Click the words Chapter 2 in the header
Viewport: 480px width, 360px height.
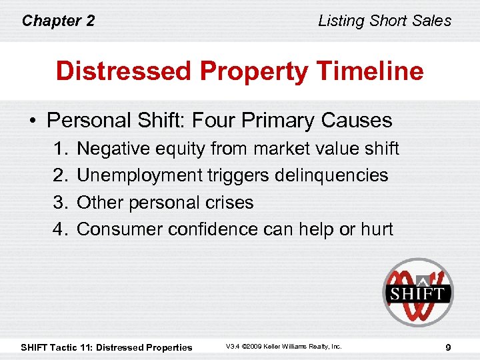(x=58, y=21)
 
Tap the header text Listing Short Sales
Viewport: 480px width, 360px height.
(x=385, y=21)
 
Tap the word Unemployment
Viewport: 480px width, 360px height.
(x=139, y=175)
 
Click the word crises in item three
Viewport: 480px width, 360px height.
(x=231, y=202)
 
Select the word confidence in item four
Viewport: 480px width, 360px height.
(x=213, y=229)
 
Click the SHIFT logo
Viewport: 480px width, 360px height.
(x=417, y=292)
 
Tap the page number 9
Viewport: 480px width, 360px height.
(x=448, y=347)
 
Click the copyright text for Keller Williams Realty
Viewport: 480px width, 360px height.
(x=283, y=347)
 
